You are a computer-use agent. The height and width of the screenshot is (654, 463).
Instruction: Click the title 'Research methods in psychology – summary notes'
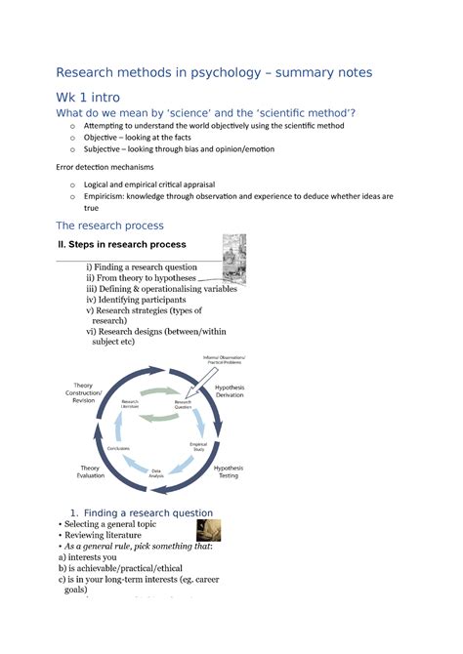[x=214, y=72]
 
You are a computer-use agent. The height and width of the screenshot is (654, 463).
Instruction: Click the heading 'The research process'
[x=109, y=225]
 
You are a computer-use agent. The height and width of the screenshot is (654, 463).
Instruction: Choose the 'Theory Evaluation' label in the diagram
[x=90, y=472]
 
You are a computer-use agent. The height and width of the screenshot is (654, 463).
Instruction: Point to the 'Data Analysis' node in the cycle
[x=155, y=472]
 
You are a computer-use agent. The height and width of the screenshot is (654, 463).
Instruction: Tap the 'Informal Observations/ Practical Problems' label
[x=225, y=359]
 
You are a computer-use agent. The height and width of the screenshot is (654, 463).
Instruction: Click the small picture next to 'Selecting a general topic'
[x=207, y=529]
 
